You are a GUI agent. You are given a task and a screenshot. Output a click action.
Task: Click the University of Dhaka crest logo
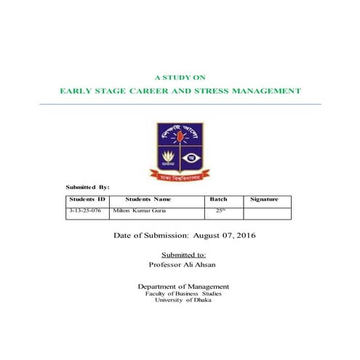click(x=179, y=145)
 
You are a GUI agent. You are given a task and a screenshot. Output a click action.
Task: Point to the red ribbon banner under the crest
click(x=179, y=175)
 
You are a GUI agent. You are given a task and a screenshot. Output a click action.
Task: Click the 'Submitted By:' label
click(x=87, y=188)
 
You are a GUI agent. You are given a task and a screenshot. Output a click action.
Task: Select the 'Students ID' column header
click(x=87, y=199)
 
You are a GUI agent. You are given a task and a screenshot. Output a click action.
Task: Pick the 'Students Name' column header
click(x=148, y=199)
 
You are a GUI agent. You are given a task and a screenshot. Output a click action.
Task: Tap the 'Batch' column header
click(x=218, y=199)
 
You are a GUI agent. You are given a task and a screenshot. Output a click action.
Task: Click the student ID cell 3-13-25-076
click(x=87, y=210)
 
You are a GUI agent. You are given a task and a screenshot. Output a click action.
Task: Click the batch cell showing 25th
click(x=220, y=210)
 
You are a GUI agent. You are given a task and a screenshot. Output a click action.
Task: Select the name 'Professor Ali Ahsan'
click(x=183, y=265)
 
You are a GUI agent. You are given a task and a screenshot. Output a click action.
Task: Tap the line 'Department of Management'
click(x=183, y=287)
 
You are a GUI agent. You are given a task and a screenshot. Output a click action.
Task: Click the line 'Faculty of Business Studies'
click(x=183, y=293)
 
